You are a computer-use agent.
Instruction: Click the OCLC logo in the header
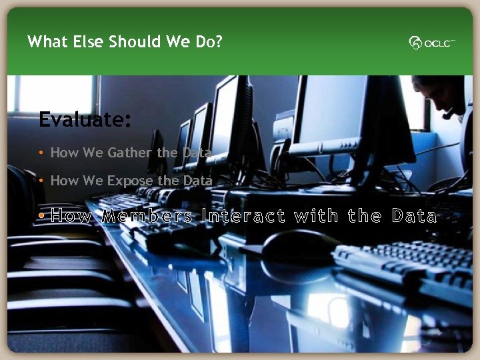432,43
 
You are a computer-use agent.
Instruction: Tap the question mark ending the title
219,42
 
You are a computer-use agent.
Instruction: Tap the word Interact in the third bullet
243,217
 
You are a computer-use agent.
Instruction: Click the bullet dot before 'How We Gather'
41,153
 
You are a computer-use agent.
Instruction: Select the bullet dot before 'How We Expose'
41,181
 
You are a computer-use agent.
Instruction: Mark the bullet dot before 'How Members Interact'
41,217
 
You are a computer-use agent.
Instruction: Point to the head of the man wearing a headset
443,93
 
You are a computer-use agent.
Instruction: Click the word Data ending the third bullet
414,217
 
